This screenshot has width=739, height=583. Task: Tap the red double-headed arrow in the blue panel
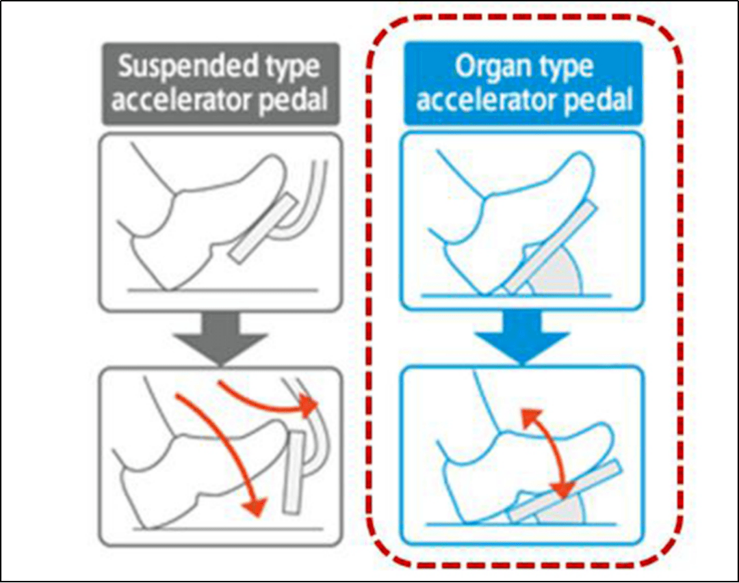544,451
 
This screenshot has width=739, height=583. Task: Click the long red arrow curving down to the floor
226,451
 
